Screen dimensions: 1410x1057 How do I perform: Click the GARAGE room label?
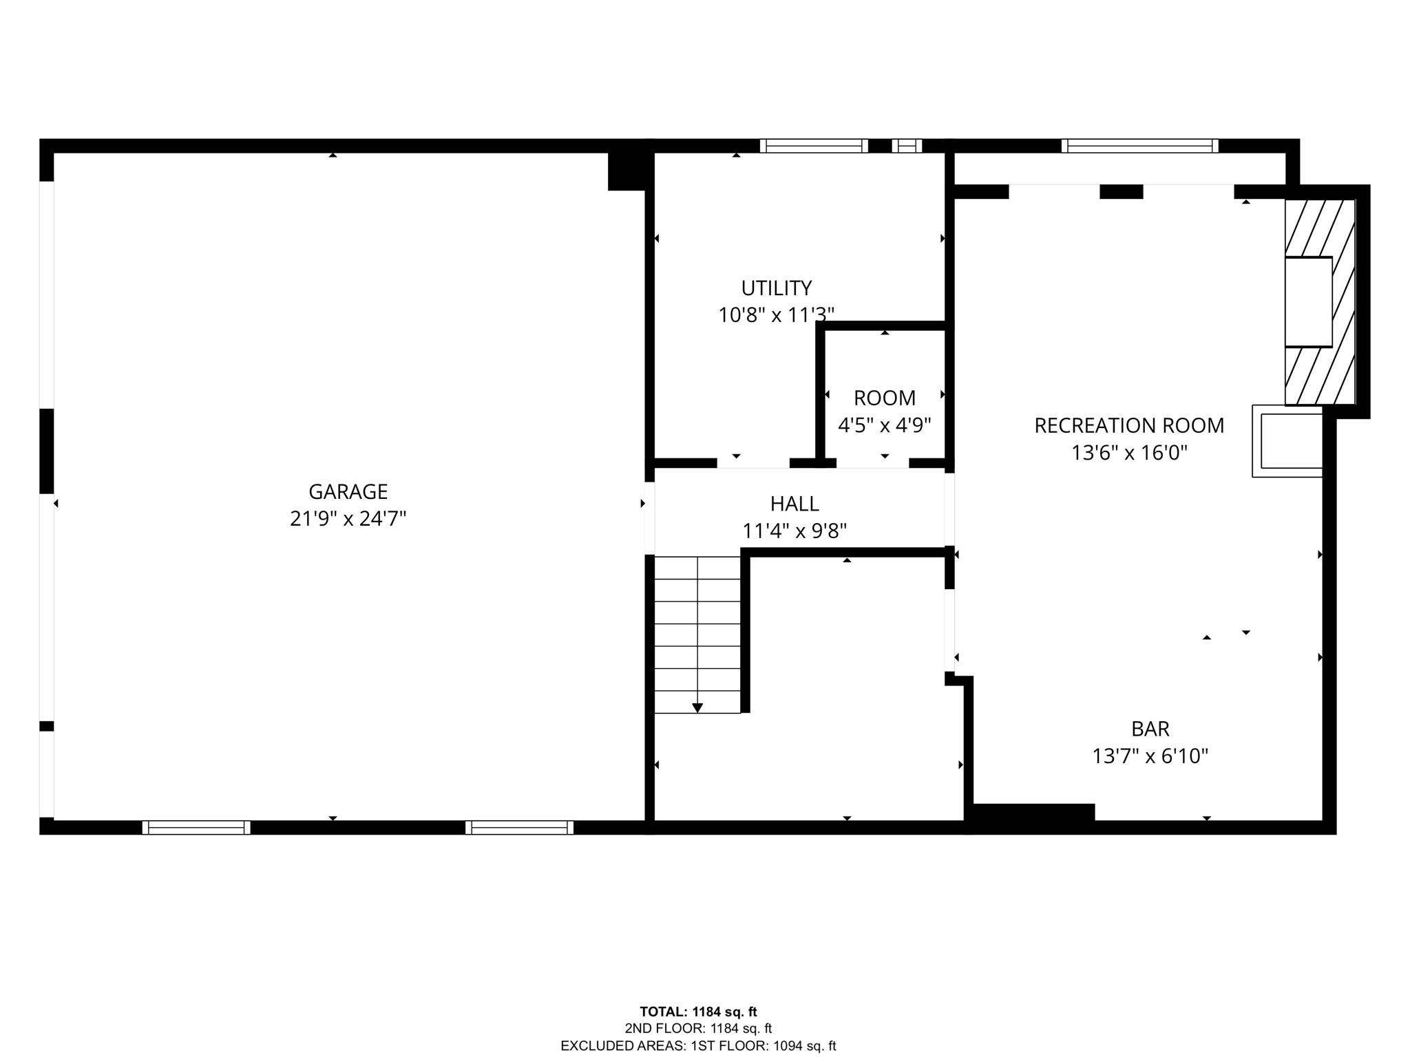point(348,491)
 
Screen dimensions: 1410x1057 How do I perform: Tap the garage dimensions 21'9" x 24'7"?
point(348,519)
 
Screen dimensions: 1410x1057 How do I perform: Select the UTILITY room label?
point(777,288)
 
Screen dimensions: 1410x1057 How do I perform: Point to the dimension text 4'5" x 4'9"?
point(884,425)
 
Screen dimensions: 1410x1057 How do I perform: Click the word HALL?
point(795,504)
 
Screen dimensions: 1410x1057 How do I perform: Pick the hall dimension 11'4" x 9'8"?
point(795,531)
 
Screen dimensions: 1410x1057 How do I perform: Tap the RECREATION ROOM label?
point(1129,425)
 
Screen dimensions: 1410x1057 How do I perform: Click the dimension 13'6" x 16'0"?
point(1129,453)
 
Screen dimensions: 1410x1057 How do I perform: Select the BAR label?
point(1150,729)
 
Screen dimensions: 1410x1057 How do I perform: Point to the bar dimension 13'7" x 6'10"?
point(1150,756)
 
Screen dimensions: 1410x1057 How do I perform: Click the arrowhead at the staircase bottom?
point(697,707)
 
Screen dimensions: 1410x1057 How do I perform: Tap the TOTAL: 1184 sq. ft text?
point(698,1012)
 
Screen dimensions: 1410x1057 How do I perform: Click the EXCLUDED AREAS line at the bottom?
point(698,1046)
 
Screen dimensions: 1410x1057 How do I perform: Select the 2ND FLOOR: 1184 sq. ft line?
point(698,1029)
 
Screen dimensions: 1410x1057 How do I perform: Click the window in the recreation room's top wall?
point(1140,146)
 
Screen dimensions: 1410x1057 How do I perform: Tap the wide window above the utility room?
point(814,146)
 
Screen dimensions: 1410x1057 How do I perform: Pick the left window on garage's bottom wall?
point(196,828)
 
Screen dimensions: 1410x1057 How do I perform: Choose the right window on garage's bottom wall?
point(519,828)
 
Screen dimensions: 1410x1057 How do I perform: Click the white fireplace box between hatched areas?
point(1309,301)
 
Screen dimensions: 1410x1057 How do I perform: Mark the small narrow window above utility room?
point(907,146)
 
